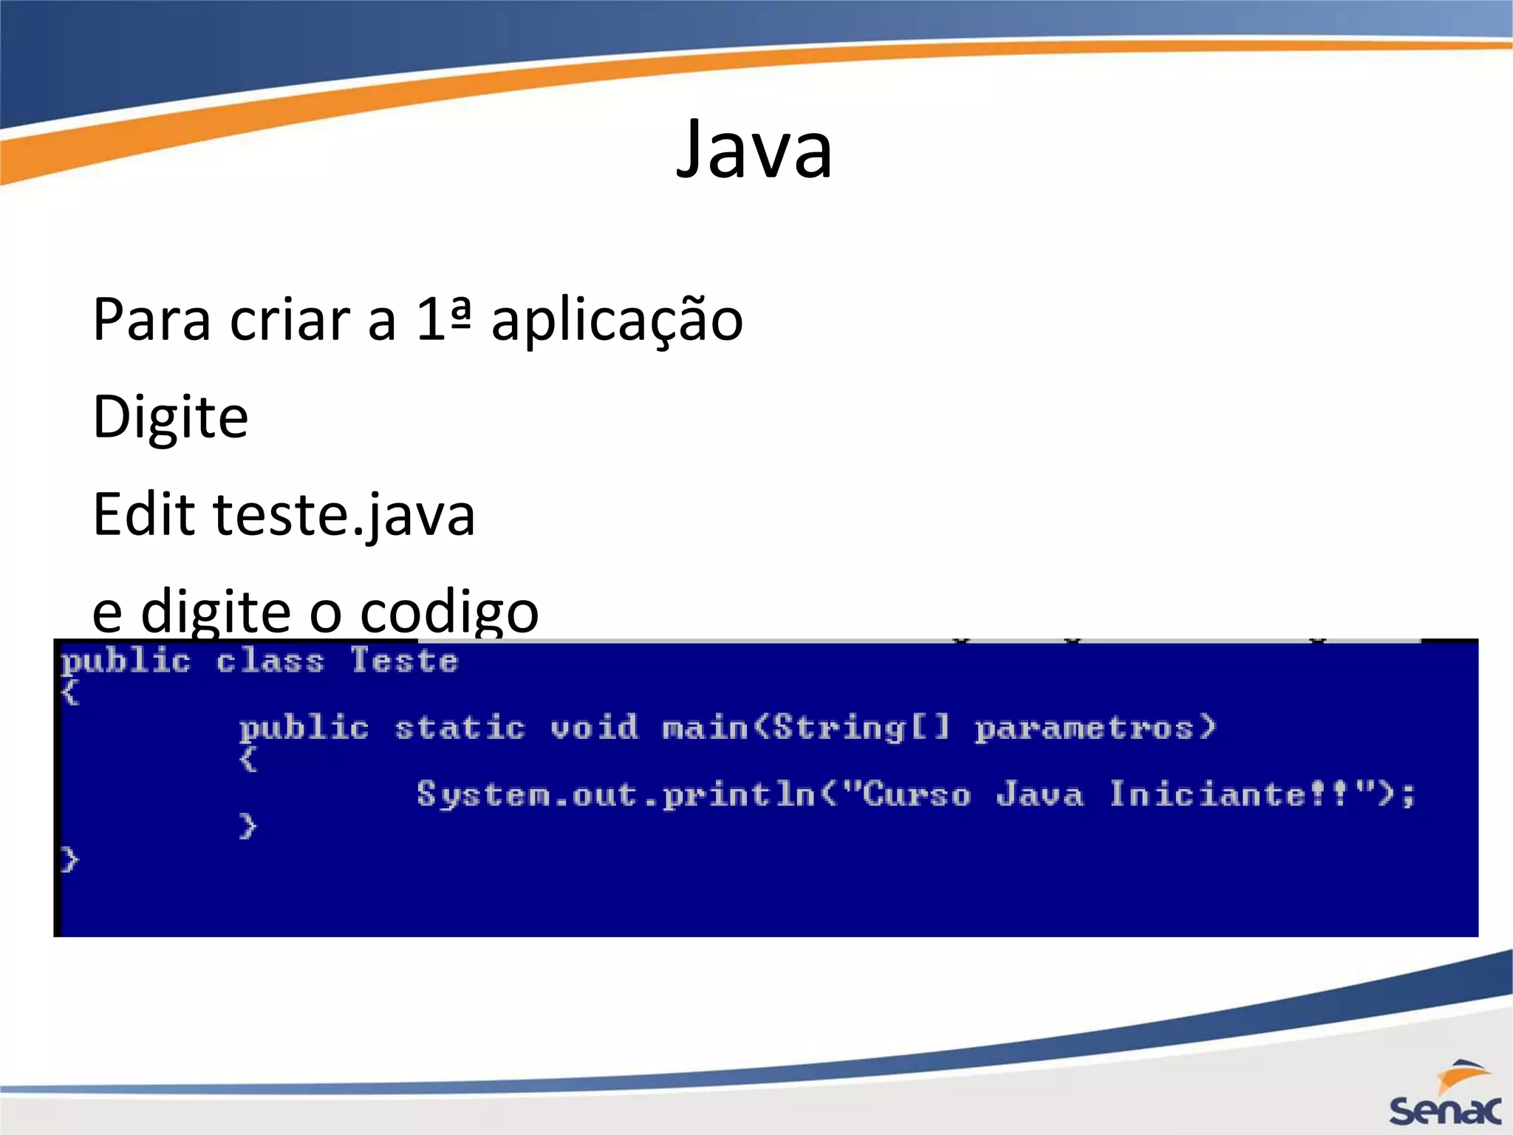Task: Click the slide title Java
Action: click(754, 151)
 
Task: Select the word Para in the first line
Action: click(151, 321)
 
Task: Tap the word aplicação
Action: click(617, 321)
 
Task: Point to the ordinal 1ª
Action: click(443, 319)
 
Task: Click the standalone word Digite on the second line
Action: click(171, 417)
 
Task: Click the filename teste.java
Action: click(344, 516)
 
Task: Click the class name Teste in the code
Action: click(404, 661)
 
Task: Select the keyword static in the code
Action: click(460, 729)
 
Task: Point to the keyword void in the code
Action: click(594, 728)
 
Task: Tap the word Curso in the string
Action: click(916, 795)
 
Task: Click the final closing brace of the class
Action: click(69, 860)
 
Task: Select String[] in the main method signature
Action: click(861, 729)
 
